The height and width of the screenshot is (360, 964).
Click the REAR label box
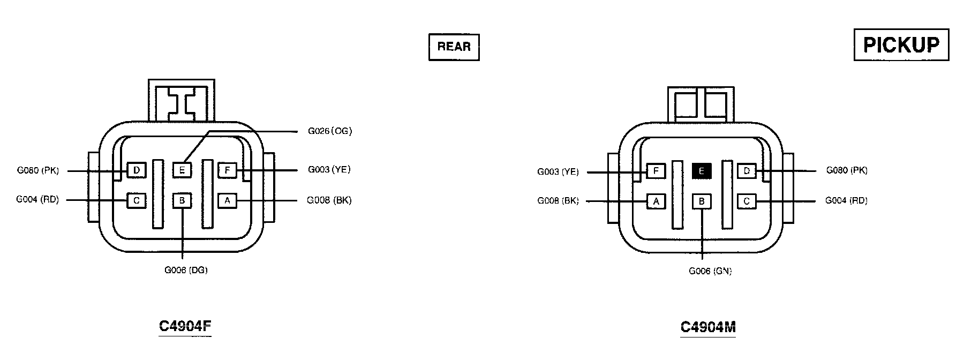tap(454, 47)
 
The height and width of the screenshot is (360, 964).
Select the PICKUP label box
tap(901, 45)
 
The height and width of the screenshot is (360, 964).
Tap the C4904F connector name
tap(185, 326)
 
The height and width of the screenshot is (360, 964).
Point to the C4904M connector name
tap(708, 327)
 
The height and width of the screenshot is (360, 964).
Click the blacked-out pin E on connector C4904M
tap(702, 171)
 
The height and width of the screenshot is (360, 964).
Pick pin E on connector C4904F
tap(182, 170)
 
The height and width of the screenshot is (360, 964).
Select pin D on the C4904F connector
tap(137, 170)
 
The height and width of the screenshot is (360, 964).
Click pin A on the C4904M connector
tap(656, 201)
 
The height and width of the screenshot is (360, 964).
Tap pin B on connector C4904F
tap(182, 201)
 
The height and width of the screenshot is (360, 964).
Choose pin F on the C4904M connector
tap(656, 171)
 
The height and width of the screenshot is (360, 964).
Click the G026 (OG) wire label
tap(330, 131)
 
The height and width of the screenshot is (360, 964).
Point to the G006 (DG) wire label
tap(186, 270)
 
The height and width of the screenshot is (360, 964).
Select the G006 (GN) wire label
tap(710, 271)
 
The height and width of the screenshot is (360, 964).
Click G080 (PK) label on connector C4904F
tap(37, 170)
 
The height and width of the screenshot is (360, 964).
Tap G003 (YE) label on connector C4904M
tap(558, 172)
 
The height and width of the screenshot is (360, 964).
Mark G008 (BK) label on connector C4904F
tap(329, 200)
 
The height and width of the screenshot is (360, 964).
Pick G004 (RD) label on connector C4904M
tap(846, 200)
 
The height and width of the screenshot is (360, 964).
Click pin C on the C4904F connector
tap(137, 201)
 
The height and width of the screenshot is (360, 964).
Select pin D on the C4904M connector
tap(747, 171)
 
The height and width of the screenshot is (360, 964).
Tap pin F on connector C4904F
tap(228, 170)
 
